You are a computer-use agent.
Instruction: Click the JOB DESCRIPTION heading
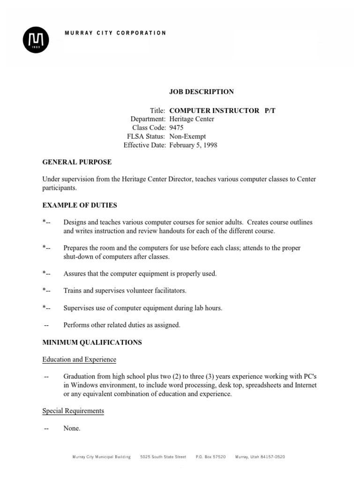click(x=201, y=92)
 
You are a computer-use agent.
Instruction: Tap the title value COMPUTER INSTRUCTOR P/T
click(x=217, y=111)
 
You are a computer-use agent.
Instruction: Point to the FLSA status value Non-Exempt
click(x=187, y=136)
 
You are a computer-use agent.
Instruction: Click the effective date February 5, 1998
click(x=193, y=145)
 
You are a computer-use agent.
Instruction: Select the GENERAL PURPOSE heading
click(x=77, y=162)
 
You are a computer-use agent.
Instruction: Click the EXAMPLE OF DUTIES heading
click(x=80, y=205)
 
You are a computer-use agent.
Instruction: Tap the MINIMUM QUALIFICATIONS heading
click(x=92, y=343)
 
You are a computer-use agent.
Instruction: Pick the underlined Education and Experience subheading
click(x=79, y=360)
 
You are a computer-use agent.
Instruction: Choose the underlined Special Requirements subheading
click(x=73, y=411)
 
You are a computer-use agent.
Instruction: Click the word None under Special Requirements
click(x=72, y=428)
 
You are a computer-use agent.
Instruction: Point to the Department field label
click(x=148, y=119)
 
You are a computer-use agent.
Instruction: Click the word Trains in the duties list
click(x=73, y=291)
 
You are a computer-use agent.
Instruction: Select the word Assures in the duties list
click(x=75, y=274)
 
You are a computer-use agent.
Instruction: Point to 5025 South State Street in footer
click(x=163, y=457)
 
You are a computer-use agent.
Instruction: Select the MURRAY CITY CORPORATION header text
click(x=115, y=33)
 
